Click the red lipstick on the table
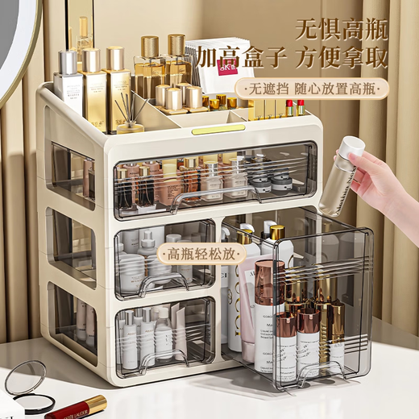(76, 407)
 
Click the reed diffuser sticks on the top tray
(129, 109)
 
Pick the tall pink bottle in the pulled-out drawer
(268, 314)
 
